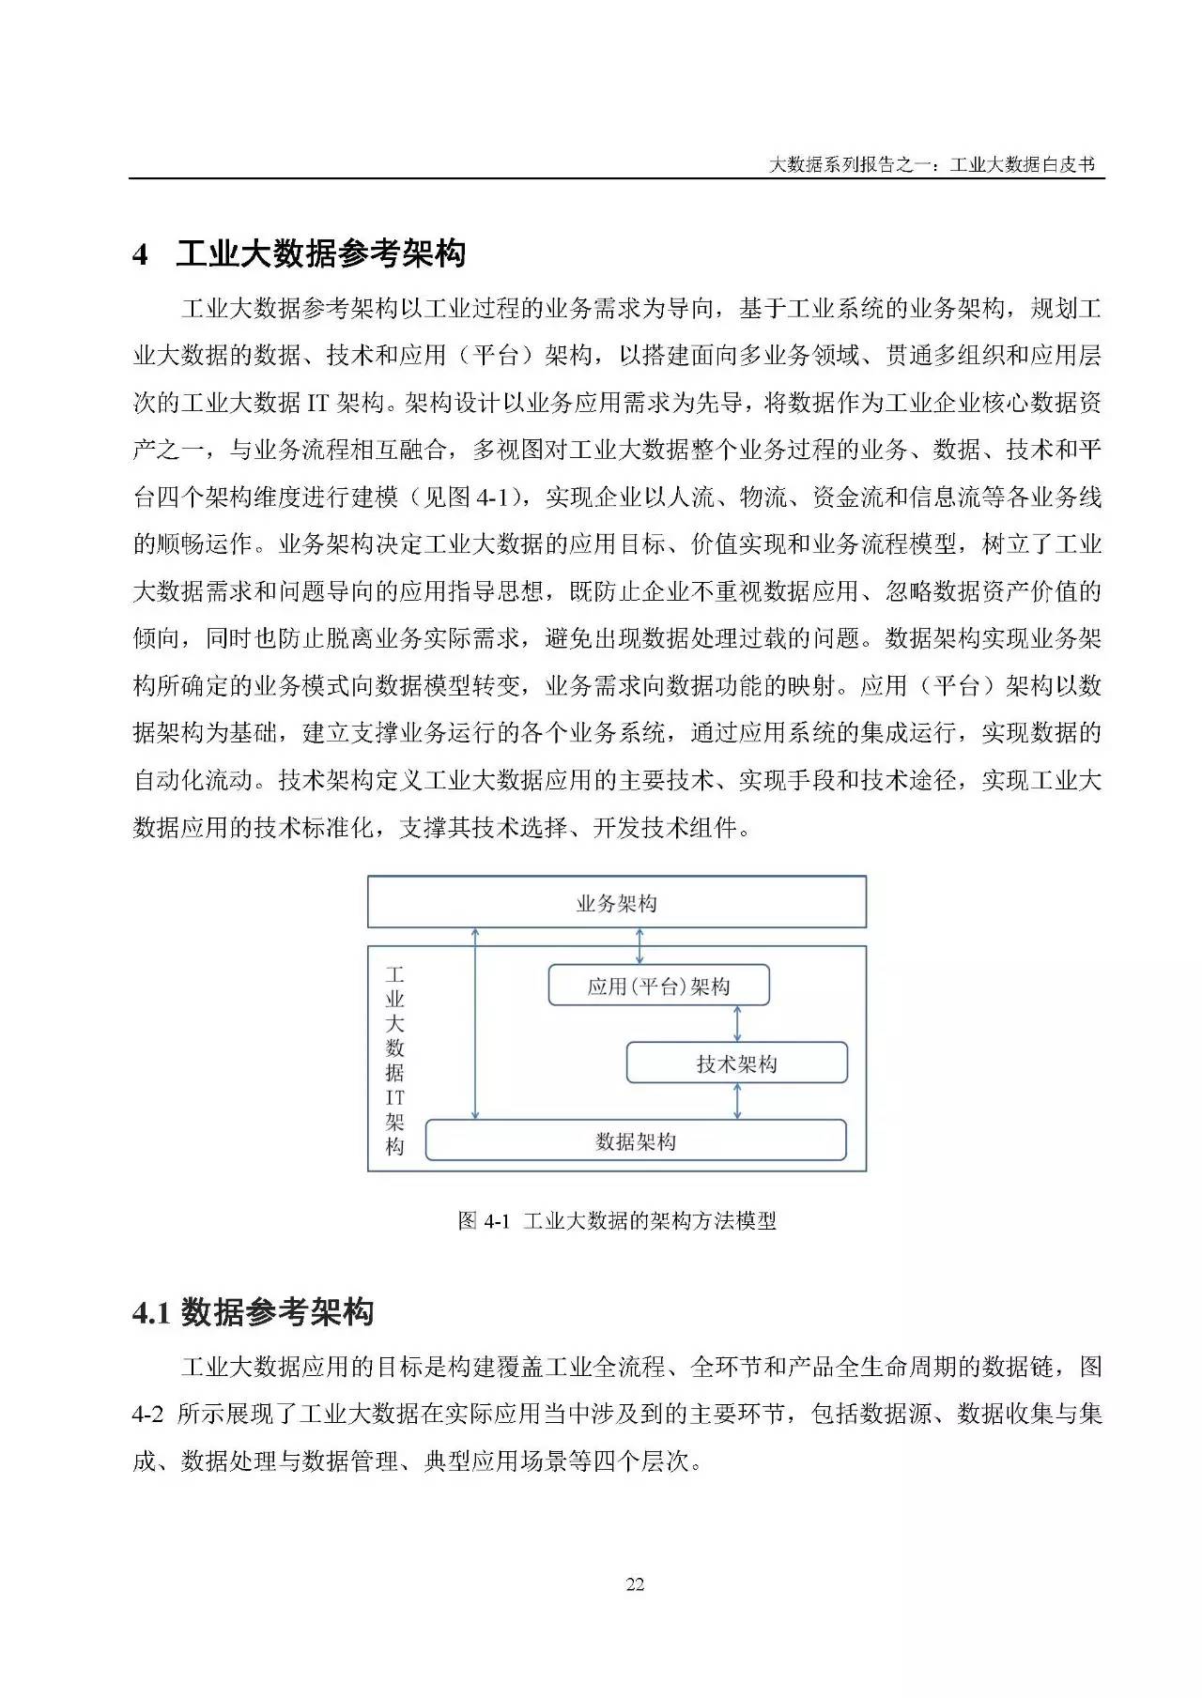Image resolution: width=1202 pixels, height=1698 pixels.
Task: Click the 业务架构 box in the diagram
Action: (x=616, y=903)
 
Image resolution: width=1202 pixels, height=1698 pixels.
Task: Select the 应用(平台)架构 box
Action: (x=658, y=986)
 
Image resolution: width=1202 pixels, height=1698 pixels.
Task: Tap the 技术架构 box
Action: (x=736, y=1063)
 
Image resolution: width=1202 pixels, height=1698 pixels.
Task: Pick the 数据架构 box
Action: (x=636, y=1140)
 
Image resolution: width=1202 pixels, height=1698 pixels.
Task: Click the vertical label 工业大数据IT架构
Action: (x=395, y=1061)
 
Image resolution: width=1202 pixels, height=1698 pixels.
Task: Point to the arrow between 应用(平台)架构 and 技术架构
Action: (x=737, y=1023)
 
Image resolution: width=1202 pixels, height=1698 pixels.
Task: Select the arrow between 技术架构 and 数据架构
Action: (x=737, y=1100)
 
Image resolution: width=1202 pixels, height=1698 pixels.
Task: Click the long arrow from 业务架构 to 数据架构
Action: (x=475, y=1023)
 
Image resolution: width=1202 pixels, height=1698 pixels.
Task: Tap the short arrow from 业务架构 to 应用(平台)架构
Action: (x=640, y=945)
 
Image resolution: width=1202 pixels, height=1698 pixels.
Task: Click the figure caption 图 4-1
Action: (x=484, y=1220)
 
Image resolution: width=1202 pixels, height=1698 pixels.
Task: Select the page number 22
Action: (x=635, y=1584)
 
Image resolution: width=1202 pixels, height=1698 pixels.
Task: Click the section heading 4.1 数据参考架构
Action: (x=253, y=1312)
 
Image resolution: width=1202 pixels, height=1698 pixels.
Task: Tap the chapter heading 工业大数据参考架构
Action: (x=320, y=253)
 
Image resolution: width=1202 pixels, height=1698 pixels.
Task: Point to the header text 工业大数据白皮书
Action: (x=1023, y=165)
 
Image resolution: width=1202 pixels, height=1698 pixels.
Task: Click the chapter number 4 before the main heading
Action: (x=141, y=254)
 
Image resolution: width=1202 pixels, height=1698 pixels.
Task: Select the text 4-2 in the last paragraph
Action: (x=148, y=1414)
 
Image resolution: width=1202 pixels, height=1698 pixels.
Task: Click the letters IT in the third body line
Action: (x=317, y=403)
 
